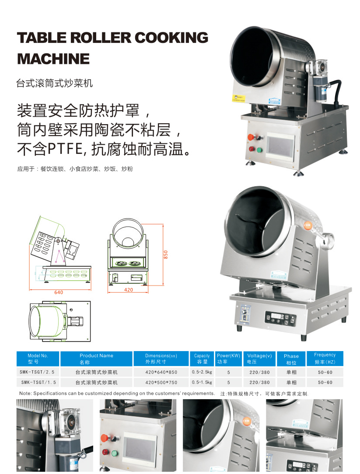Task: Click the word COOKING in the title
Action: pos(171,38)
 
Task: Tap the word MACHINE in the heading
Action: pos(53,59)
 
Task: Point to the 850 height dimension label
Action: pos(165,254)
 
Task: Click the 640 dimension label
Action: pos(59,293)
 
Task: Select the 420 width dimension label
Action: pos(129,289)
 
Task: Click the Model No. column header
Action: pos(38,359)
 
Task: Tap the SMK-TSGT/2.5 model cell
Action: pos(35,372)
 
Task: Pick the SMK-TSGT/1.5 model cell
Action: pos(38,383)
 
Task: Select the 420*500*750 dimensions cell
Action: pos(161,383)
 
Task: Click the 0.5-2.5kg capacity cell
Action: pos(202,372)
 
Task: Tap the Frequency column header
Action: pos(325,358)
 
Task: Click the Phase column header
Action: pos(291,359)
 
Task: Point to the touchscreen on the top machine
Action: pos(280,146)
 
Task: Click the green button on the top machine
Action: pos(259,150)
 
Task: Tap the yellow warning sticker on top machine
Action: pos(239,98)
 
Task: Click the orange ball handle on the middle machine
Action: pos(308,226)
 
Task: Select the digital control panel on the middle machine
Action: pos(280,318)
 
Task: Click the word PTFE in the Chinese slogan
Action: pos(65,149)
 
